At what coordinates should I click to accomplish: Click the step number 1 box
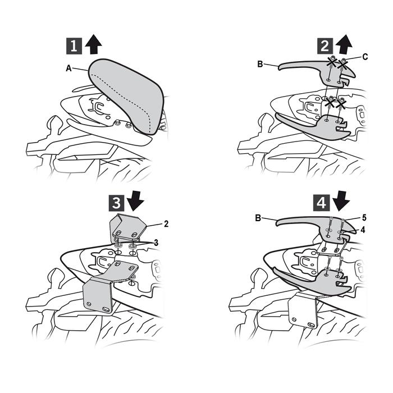point(74,46)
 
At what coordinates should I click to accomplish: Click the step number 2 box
point(325,46)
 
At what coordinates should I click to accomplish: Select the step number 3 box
point(116,203)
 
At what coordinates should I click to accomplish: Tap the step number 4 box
point(321,203)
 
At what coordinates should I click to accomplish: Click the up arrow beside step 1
point(93,44)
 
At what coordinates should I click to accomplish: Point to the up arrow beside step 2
point(344,44)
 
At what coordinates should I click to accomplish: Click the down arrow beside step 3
point(135,200)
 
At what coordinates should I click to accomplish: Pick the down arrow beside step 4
point(341,200)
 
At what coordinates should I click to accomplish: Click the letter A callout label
point(68,68)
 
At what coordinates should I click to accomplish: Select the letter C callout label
point(365,57)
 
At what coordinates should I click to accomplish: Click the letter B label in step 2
point(260,64)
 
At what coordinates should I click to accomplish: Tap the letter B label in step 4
point(258,218)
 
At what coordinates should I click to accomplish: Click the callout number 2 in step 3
point(166,224)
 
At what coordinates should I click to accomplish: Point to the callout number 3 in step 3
point(156,243)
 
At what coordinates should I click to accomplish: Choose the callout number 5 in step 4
point(364,218)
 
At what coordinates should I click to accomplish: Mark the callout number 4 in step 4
point(363,230)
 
